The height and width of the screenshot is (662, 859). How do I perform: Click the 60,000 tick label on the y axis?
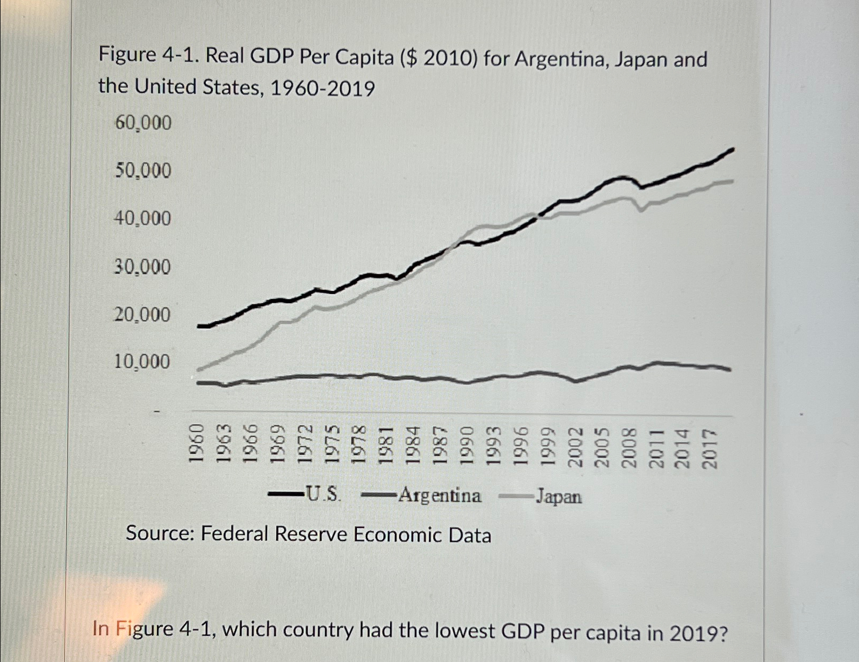pyautogui.click(x=143, y=123)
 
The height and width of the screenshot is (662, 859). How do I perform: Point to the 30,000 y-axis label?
pyautogui.click(x=142, y=267)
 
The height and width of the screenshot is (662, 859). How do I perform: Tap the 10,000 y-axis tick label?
pyautogui.click(x=142, y=362)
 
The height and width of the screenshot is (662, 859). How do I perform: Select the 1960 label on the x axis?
pyautogui.click(x=197, y=444)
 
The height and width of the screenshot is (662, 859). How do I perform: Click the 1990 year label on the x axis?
pyautogui.click(x=467, y=445)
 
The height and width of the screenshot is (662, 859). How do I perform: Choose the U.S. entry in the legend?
pyautogui.click(x=322, y=494)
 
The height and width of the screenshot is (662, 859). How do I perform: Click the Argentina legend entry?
pyautogui.click(x=439, y=496)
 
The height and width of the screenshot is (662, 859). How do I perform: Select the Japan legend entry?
pyautogui.click(x=558, y=497)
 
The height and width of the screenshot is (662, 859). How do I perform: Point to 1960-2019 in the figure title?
pyautogui.click(x=323, y=88)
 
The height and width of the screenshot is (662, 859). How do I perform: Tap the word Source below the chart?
pyautogui.click(x=159, y=533)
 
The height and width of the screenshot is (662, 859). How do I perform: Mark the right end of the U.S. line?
pyautogui.click(x=733, y=149)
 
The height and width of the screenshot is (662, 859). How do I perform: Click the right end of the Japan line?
pyautogui.click(x=733, y=181)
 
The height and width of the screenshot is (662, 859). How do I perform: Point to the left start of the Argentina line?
pyautogui.click(x=198, y=382)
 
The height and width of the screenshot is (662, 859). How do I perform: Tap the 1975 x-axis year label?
pyautogui.click(x=332, y=445)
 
